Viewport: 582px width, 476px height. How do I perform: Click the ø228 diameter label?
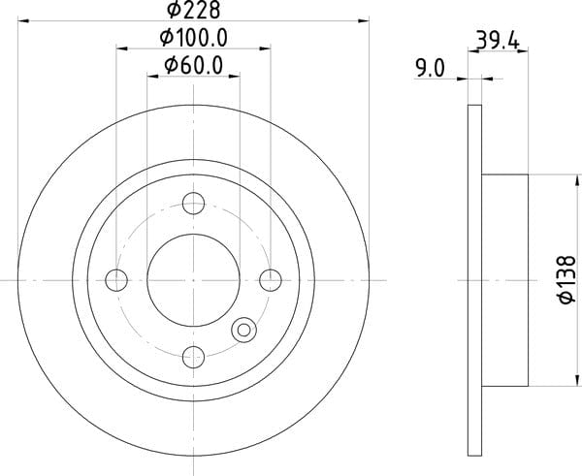[193, 10]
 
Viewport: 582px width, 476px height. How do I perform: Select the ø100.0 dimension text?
[193, 38]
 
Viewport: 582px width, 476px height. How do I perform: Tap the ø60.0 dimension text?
[193, 65]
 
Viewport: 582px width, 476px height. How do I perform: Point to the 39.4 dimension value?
[498, 40]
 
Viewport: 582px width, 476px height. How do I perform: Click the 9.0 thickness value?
[430, 69]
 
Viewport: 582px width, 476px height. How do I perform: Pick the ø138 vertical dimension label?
[567, 280]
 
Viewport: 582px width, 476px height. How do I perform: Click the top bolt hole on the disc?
[193, 204]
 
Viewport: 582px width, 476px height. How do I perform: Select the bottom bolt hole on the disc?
[193, 357]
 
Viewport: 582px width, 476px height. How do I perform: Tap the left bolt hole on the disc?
[116, 280]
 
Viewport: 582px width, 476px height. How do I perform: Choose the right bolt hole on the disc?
[271, 280]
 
